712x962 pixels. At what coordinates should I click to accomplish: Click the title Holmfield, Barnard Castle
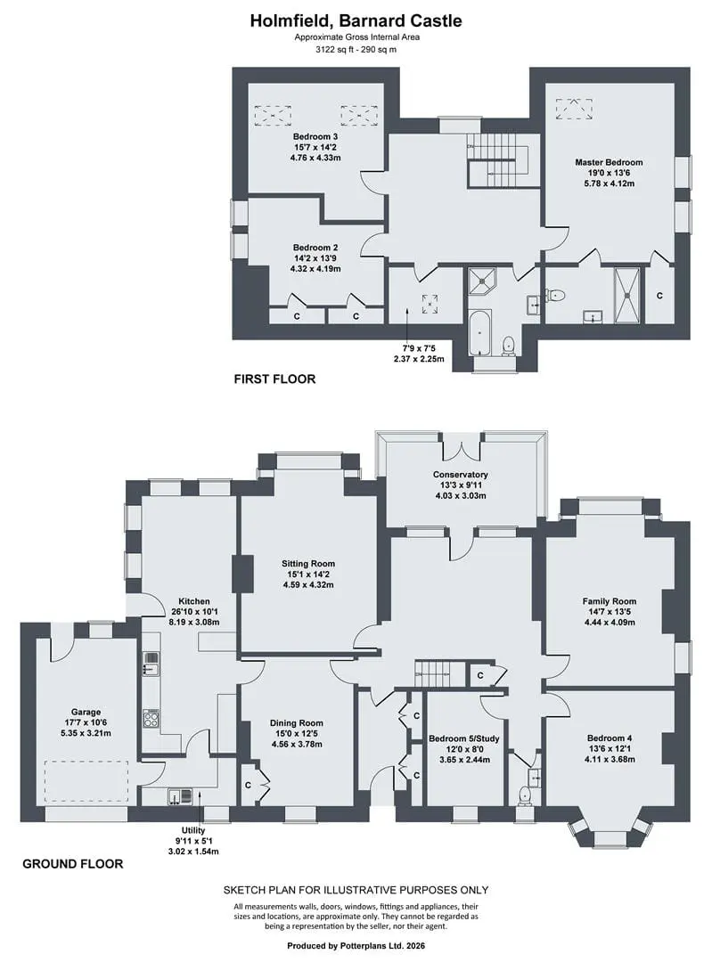[356, 20]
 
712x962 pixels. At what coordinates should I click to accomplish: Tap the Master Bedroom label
[609, 163]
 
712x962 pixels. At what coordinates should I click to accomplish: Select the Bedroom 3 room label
[315, 136]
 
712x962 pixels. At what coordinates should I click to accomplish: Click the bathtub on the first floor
[480, 332]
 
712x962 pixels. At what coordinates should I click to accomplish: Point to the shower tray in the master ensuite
[627, 295]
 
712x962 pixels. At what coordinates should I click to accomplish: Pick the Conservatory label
[461, 474]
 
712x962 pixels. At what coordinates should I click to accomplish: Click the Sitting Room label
[308, 563]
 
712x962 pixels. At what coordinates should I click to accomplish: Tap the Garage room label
[86, 713]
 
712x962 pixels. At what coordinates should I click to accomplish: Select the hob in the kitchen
[151, 719]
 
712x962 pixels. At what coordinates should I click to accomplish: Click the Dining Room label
[297, 722]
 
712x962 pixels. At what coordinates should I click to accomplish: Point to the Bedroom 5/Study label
[464, 738]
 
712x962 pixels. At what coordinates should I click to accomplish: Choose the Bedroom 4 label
[610, 738]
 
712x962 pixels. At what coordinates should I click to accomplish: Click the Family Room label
[610, 601]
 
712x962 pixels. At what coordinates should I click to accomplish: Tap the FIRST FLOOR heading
[275, 379]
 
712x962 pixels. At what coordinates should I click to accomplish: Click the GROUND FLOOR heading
[73, 864]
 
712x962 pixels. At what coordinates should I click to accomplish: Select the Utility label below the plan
[193, 830]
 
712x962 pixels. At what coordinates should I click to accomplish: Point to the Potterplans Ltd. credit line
[356, 945]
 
